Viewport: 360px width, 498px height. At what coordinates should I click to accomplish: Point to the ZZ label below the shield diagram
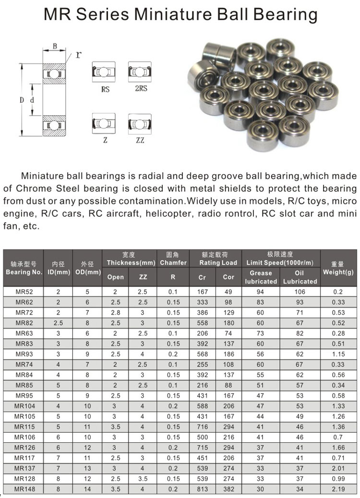[140, 140]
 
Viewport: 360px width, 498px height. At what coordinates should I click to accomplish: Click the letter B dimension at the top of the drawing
[55, 46]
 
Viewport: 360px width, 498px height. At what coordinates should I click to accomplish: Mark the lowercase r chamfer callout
[77, 54]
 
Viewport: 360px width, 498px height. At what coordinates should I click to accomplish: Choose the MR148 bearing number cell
[24, 489]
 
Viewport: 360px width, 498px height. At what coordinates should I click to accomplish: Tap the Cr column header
[202, 277]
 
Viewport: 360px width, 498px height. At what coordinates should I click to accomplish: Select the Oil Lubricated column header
[300, 277]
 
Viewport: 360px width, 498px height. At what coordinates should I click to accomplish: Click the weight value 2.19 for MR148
[338, 489]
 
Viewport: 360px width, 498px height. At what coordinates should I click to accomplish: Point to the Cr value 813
[202, 489]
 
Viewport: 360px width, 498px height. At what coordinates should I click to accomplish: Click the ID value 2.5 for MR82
[58, 323]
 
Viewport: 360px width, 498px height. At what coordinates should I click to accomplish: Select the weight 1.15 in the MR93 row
[338, 354]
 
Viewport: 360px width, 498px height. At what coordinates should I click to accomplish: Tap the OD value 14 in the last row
[87, 489]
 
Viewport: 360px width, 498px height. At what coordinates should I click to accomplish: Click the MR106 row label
[24, 437]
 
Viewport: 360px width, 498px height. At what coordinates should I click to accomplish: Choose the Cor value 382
[228, 489]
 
